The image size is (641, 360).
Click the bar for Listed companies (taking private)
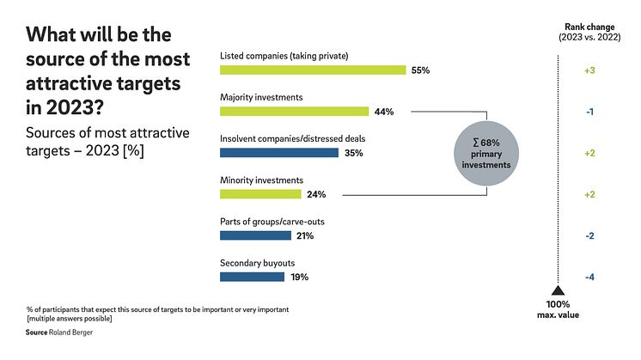313,70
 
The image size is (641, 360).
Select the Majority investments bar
294,112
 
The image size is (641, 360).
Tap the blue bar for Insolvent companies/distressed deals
279,153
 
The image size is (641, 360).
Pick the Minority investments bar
261,194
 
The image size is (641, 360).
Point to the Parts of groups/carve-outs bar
256,235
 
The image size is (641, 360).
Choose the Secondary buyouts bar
252,277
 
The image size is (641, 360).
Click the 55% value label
420,70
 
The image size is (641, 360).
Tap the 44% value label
382,112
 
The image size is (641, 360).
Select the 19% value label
299,277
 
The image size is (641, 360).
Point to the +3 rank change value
589,70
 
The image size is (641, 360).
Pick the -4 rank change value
589,277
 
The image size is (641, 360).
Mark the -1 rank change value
589,112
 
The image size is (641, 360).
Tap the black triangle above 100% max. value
558,291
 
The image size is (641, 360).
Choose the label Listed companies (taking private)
284,57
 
